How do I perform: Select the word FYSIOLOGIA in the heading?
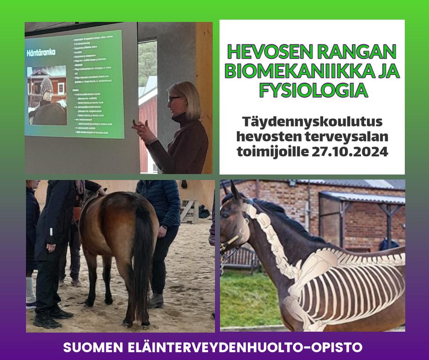(x=313, y=90)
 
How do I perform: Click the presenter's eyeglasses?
(x=173, y=98)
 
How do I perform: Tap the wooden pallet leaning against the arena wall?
(x=189, y=211)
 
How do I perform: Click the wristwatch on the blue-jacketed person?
(x=164, y=227)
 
